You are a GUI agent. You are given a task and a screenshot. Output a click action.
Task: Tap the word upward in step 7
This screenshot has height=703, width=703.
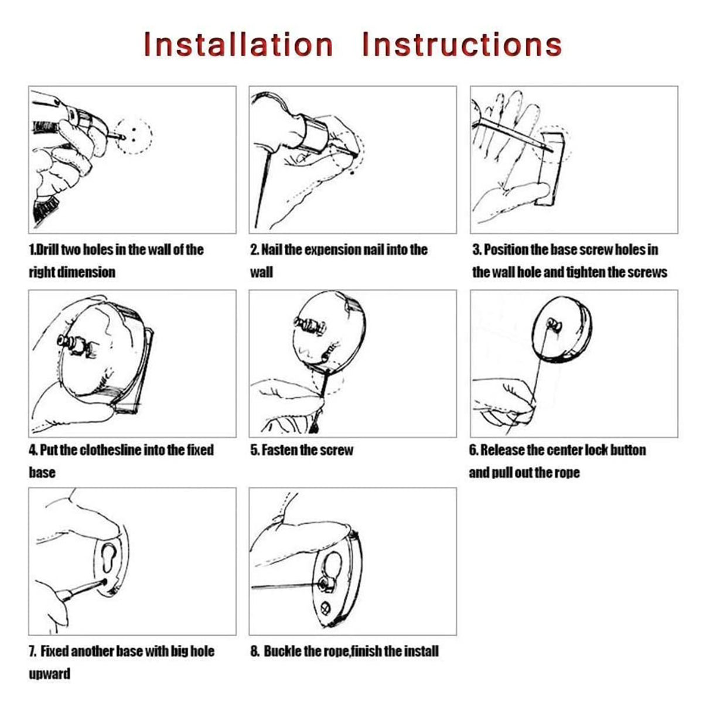(49, 674)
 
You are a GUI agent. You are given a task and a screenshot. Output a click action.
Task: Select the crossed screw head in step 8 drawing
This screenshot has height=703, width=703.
(326, 608)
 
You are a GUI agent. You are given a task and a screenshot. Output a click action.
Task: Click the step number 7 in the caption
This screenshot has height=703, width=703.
(32, 652)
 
